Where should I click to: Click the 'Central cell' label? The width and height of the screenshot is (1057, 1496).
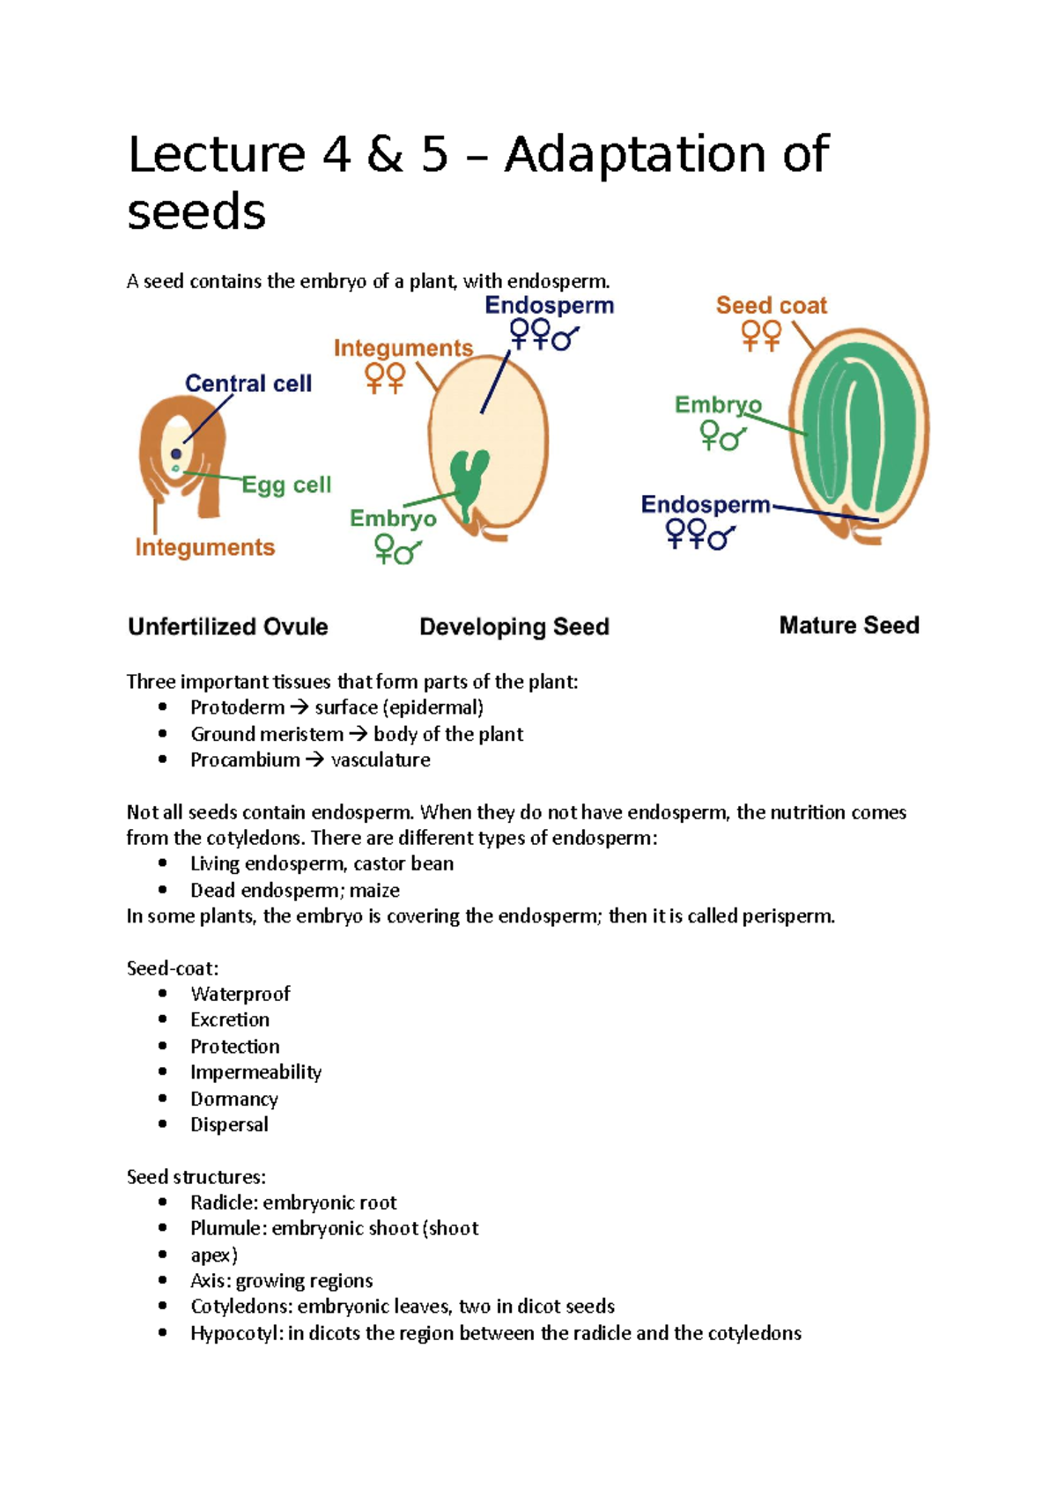click(x=248, y=383)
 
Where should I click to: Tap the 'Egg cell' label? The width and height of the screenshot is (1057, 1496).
click(x=286, y=485)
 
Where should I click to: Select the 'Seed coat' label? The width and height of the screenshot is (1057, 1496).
click(x=771, y=306)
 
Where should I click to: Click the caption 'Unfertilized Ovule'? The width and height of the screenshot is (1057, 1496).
click(x=227, y=626)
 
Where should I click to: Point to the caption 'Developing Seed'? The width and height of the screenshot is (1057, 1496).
click(x=514, y=626)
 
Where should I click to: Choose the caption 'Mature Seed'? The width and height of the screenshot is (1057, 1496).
click(x=849, y=626)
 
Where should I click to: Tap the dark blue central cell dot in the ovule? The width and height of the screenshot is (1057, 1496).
click(x=176, y=454)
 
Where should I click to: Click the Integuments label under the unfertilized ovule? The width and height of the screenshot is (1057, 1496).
click(x=204, y=547)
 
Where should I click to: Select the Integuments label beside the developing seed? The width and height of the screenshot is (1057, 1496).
click(x=403, y=348)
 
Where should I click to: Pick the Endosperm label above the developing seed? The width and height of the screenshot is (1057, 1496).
click(x=549, y=306)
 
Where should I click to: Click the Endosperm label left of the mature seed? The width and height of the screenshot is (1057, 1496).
click(x=705, y=505)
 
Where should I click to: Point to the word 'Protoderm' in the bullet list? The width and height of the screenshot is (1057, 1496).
click(x=237, y=707)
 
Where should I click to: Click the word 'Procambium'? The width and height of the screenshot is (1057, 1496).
click(x=245, y=759)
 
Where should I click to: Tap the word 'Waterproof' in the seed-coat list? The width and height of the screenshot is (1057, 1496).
click(x=240, y=994)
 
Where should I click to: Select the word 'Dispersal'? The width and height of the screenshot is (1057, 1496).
click(x=229, y=1124)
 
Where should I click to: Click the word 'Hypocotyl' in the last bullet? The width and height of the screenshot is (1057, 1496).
click(x=235, y=1333)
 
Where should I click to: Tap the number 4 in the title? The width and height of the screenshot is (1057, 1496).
click(x=336, y=155)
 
